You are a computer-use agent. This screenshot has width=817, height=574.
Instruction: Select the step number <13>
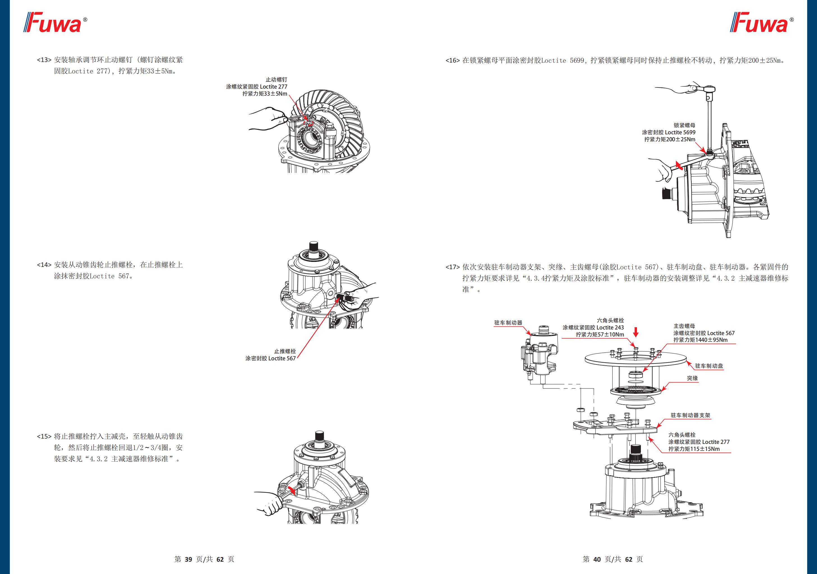coord(44,60)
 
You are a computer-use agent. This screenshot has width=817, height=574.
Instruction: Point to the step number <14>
coord(44,265)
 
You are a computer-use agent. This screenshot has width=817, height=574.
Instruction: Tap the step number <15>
coord(44,436)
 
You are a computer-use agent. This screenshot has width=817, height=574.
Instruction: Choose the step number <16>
coord(453,61)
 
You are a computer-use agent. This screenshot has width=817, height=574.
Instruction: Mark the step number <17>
coord(453,267)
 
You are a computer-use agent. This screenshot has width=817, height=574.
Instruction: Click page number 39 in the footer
coord(188,559)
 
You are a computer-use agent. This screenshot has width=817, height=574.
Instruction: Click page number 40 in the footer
coord(597,559)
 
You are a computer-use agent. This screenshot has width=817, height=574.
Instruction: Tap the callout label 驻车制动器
coord(508,323)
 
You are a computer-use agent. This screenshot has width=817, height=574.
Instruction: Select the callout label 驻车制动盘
coord(709,366)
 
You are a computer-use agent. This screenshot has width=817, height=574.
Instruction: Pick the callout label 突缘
coord(692,378)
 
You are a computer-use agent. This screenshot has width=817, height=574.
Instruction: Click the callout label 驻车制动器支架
coord(690,415)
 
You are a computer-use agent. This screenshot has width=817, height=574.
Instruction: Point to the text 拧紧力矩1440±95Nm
coord(700,340)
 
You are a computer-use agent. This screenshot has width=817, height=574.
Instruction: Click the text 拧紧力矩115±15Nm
coord(694,449)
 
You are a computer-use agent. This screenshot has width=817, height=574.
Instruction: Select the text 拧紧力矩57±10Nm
coord(600,335)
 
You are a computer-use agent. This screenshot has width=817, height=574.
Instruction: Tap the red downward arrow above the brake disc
coord(636,332)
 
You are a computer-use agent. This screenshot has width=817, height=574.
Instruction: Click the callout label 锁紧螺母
coord(684,125)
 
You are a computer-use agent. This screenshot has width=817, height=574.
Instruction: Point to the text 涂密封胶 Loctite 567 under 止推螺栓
coord(270,358)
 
